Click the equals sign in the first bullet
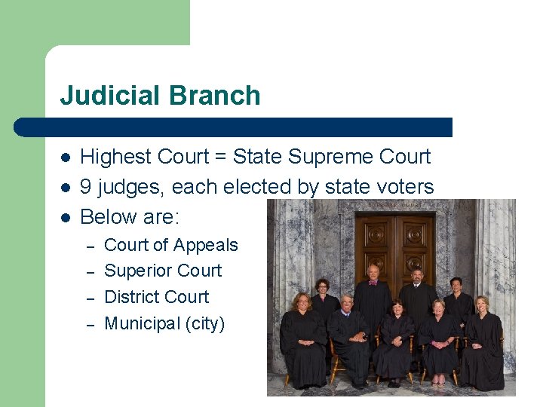coord(219,157)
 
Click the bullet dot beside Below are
coord(66,217)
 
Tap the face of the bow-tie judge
coord(372,272)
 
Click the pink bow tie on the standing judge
coord(373,283)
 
